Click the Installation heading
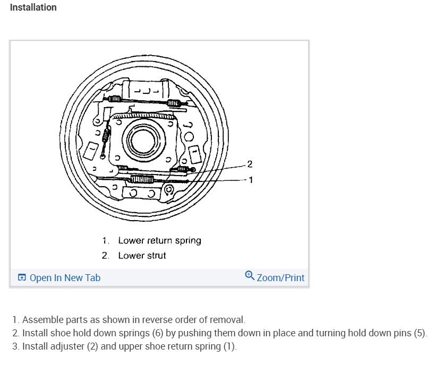(x=33, y=7)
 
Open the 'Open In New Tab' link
(x=65, y=278)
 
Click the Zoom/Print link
(x=280, y=278)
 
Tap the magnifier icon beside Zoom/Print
(x=250, y=276)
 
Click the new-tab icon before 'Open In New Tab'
(x=22, y=278)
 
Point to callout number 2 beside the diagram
(x=250, y=163)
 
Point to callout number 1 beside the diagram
(x=250, y=180)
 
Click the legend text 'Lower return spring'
(x=159, y=241)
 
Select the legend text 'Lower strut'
(x=142, y=256)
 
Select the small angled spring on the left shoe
(x=106, y=137)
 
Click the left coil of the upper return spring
(x=116, y=99)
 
